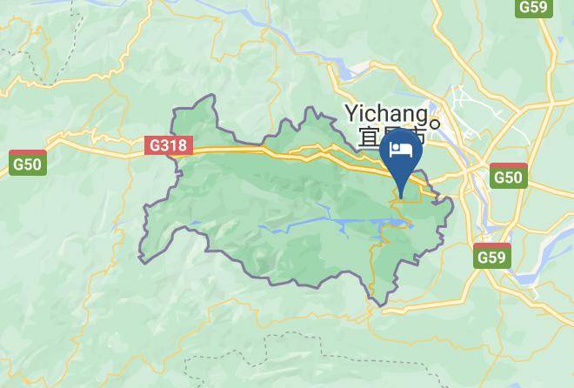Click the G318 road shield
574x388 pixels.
tap(168, 146)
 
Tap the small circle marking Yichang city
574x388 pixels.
tap(437, 122)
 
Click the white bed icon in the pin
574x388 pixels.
tap(401, 150)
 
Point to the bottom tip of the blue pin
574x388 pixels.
tap(402, 197)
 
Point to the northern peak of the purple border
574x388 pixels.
tap(209, 97)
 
